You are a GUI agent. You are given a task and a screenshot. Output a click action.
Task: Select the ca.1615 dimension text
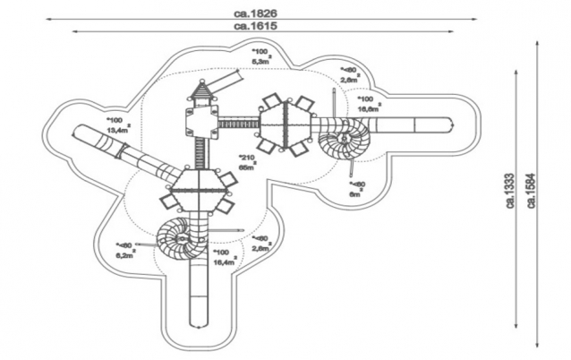pos(257,26)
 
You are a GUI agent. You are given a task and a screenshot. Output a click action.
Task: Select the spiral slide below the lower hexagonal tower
pos(183,236)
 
